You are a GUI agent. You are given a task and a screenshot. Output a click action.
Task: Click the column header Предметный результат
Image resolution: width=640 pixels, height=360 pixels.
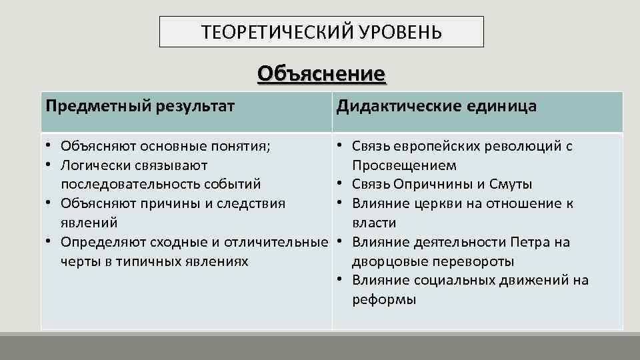(x=140, y=107)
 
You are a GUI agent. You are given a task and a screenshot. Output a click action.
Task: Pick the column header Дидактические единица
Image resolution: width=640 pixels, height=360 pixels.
(x=436, y=107)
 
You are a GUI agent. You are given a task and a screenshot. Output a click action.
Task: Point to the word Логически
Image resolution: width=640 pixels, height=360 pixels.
(x=92, y=165)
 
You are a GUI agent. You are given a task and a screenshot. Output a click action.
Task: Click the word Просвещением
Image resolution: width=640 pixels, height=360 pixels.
(x=404, y=165)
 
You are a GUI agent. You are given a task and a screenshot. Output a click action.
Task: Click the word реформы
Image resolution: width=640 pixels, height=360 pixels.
(x=384, y=300)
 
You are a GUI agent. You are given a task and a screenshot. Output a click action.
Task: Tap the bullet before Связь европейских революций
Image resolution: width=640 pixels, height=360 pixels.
(x=340, y=145)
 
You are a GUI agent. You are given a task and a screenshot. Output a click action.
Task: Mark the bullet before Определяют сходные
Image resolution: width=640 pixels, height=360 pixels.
(x=49, y=242)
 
